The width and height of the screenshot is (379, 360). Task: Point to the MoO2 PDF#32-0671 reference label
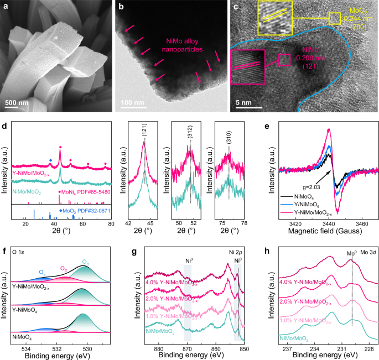point(83,211)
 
